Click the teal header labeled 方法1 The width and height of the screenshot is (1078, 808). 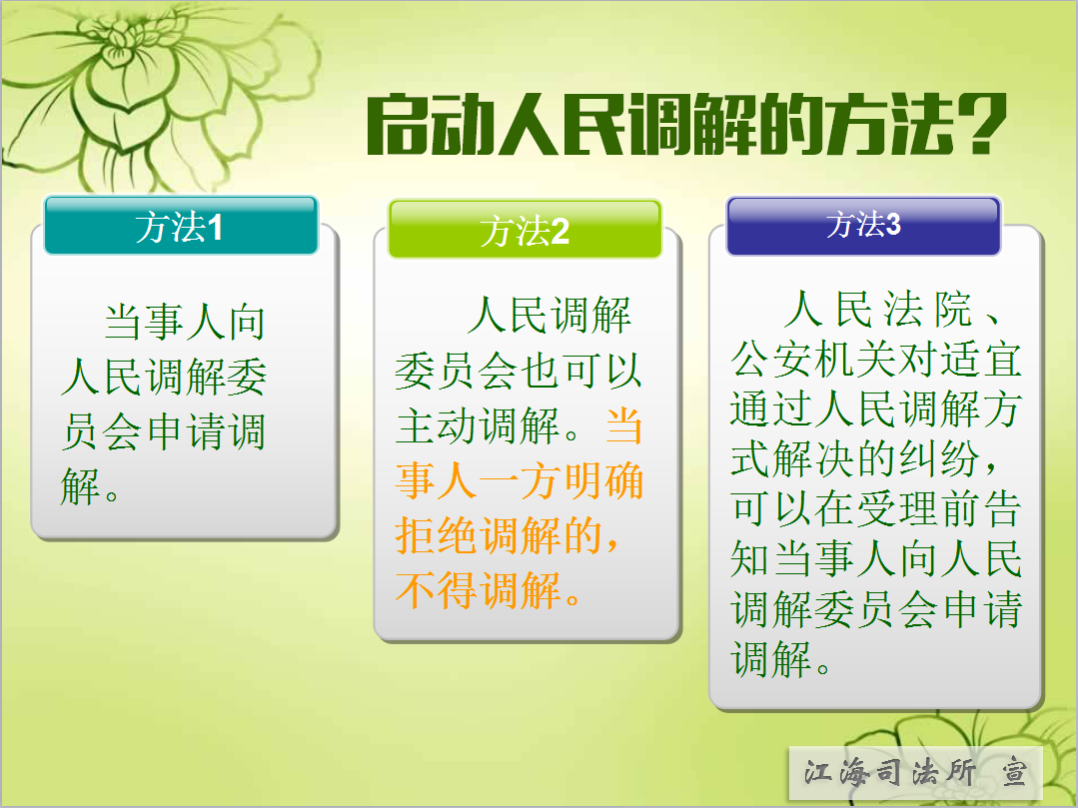click(181, 226)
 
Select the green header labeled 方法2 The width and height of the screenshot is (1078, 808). click(525, 230)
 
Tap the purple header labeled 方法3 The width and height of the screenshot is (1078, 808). click(863, 226)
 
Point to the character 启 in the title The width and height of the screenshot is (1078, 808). click(397, 125)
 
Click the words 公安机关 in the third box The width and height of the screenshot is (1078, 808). click(813, 360)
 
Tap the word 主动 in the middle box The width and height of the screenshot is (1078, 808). click(437, 426)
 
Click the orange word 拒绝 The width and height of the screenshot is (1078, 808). click(437, 536)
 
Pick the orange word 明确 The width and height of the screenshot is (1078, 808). click(602, 481)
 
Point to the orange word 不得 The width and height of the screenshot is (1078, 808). click(437, 590)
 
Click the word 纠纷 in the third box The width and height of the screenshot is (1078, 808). click(938, 458)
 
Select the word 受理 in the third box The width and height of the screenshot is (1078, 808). click(896, 509)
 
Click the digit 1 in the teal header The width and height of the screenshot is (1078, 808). click(215, 228)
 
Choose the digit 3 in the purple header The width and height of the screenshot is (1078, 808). click(893, 225)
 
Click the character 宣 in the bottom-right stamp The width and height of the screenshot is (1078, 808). click(1014, 772)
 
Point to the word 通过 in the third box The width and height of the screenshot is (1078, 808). click(772, 408)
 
